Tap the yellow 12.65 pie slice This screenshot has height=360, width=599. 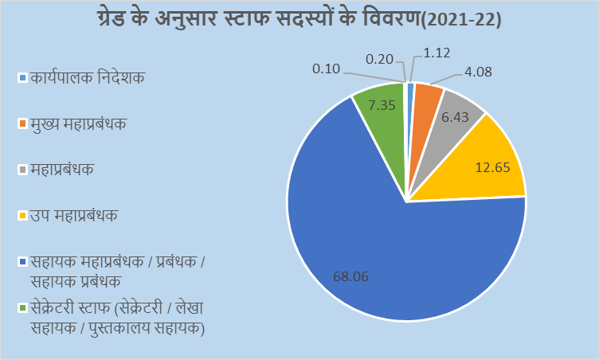coord(478,163)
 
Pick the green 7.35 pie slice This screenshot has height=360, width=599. coord(381,112)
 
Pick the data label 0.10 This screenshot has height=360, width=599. coord(327,69)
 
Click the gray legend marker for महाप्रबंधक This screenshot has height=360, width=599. coord(23,170)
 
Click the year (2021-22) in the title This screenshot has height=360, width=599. coord(460,19)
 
